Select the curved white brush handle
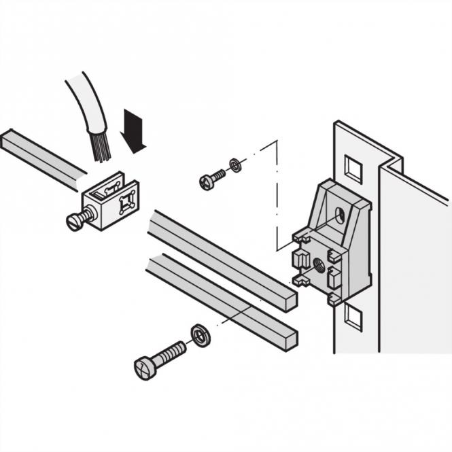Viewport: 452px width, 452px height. [x=85, y=109]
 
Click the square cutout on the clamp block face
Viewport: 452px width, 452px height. [x=125, y=202]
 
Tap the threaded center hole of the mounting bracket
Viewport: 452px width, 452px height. [x=316, y=264]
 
